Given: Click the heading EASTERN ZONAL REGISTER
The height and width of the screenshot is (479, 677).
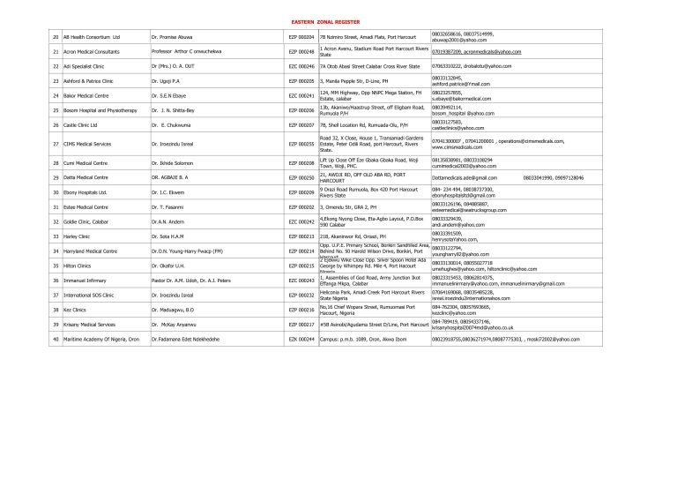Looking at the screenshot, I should (338, 19).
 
